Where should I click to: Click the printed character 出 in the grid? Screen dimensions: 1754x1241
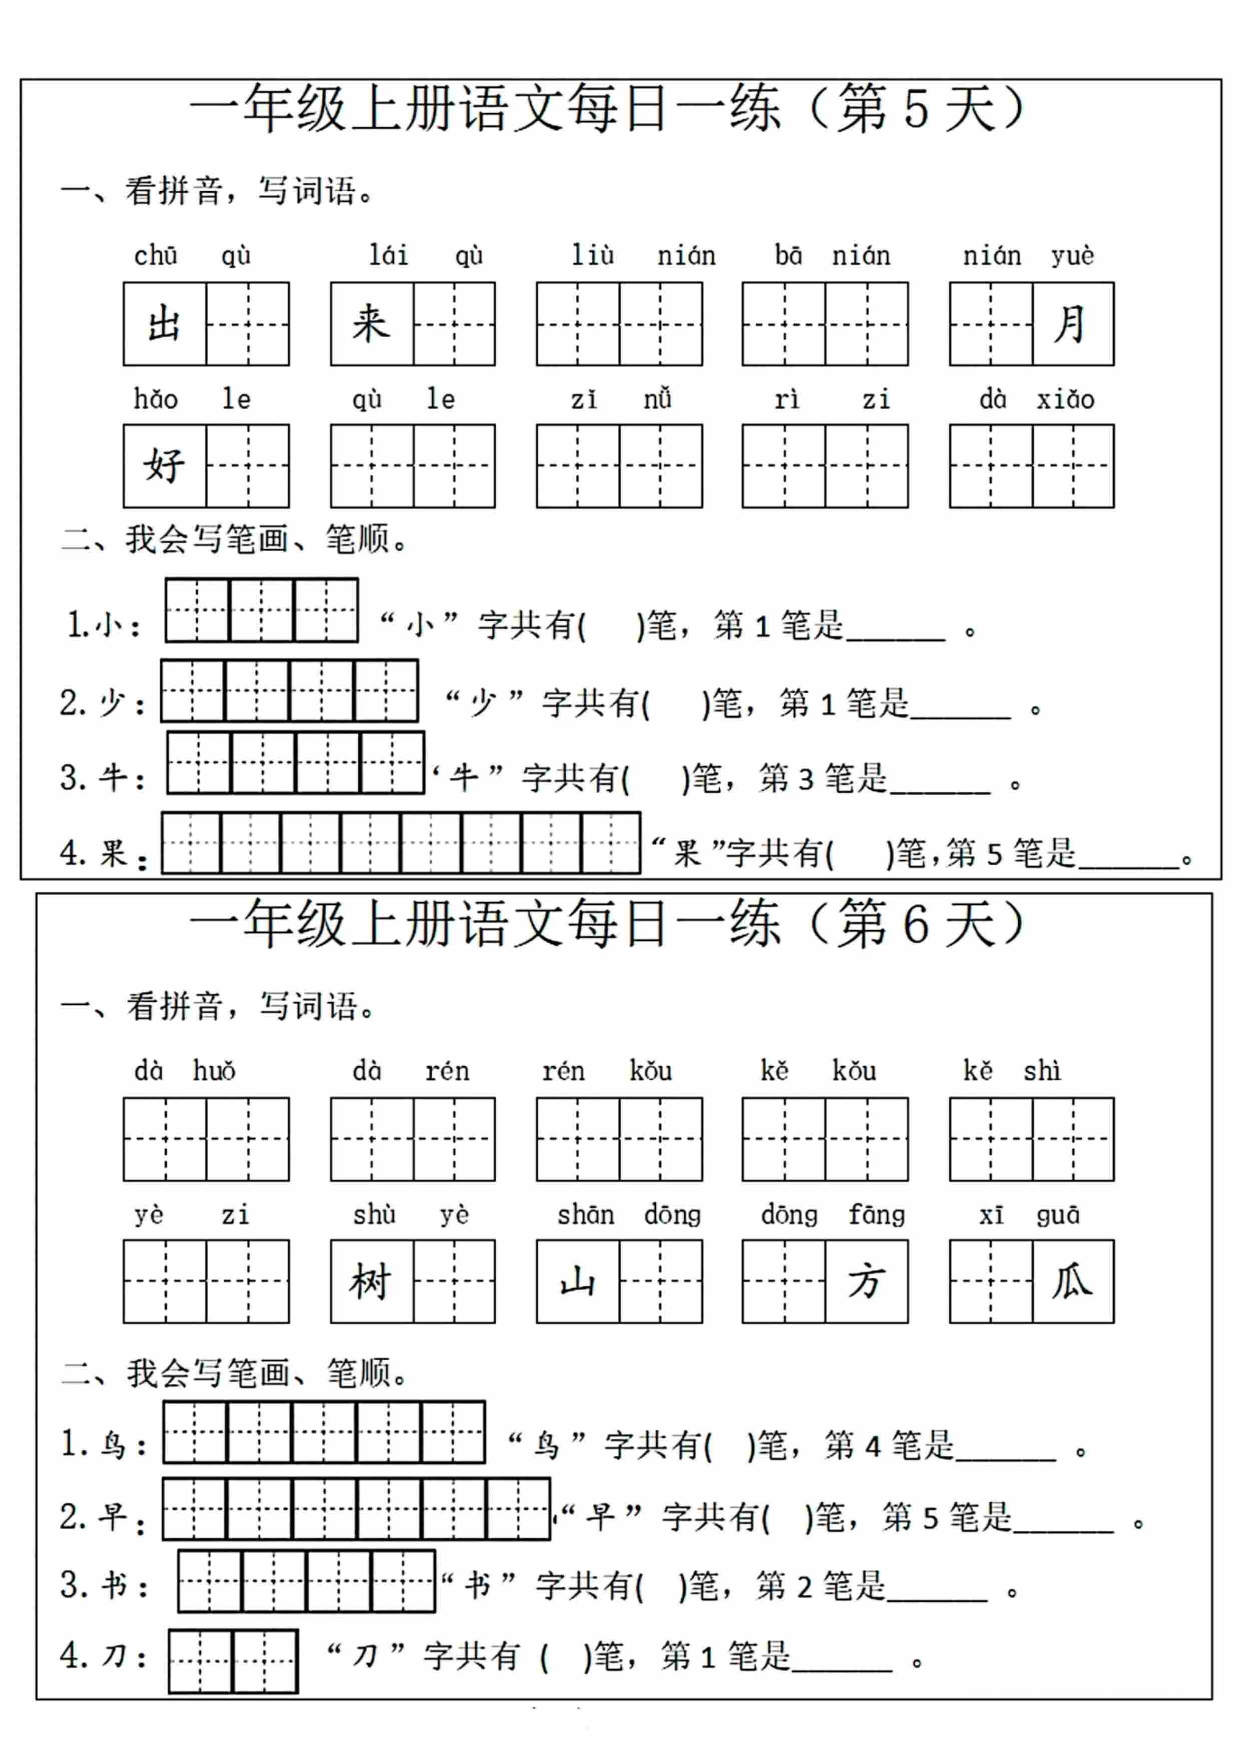tap(164, 324)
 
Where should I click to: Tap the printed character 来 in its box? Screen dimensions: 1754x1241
tap(371, 324)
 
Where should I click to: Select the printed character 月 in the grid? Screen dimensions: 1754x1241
tap(1072, 324)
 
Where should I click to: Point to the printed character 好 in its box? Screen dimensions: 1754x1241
tap(164, 465)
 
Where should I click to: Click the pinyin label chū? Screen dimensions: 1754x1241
tap(156, 256)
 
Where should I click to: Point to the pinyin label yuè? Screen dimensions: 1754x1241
tap(1072, 256)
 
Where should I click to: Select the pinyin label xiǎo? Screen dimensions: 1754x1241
tap(1065, 399)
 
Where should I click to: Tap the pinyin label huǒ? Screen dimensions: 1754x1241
tap(214, 1071)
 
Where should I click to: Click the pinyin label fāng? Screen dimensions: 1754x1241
tap(877, 1215)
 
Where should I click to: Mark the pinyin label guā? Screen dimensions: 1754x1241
tap(1058, 1215)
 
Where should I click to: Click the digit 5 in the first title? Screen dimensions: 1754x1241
tap(916, 109)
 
